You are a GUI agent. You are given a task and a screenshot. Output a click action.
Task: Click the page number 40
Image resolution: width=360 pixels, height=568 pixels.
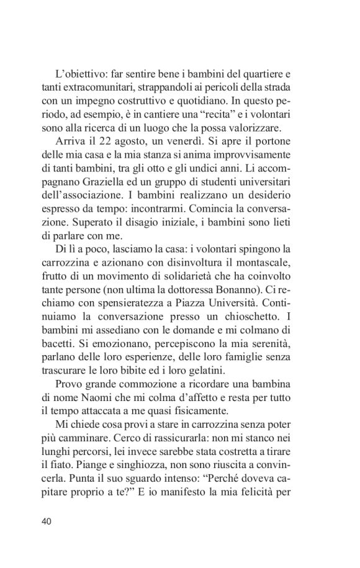[x=47, y=521]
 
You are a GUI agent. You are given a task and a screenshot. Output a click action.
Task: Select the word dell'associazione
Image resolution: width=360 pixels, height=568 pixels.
[x=82, y=201]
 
